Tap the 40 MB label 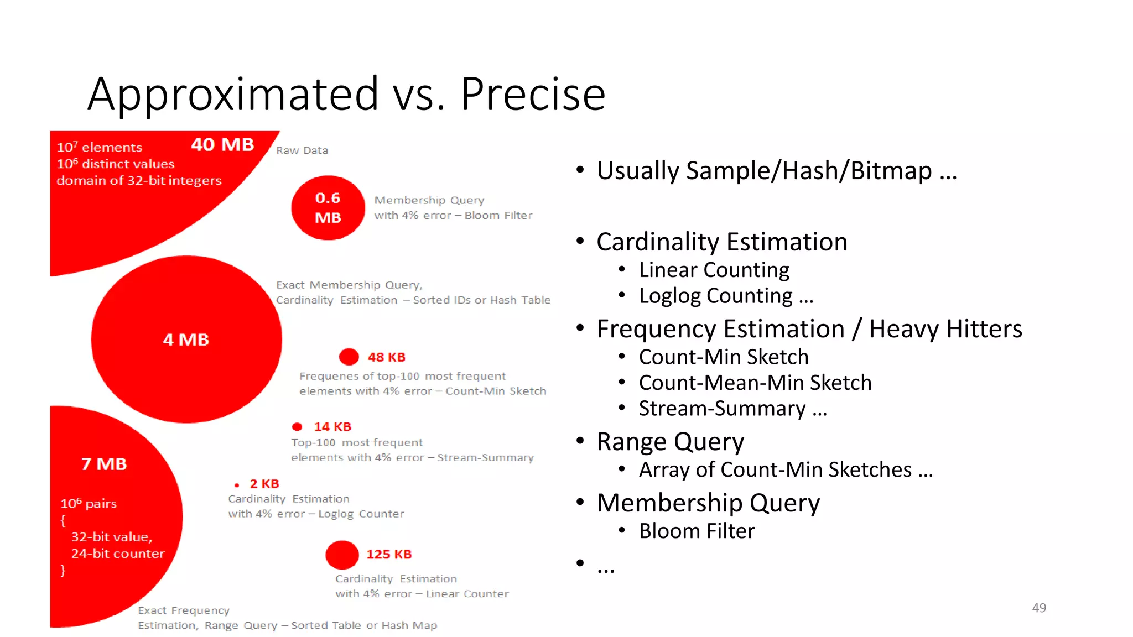(x=222, y=144)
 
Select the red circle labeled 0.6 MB (x=328, y=208)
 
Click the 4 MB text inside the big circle (x=186, y=340)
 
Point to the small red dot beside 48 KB (x=349, y=357)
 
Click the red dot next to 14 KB (x=297, y=427)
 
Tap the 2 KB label (x=264, y=484)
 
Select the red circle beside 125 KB (x=342, y=555)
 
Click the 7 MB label (x=104, y=464)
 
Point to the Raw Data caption (x=302, y=150)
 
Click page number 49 (x=1038, y=608)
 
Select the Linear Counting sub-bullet (x=714, y=270)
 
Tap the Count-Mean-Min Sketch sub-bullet (x=755, y=383)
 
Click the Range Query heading (x=670, y=442)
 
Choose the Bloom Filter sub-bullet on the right (x=697, y=531)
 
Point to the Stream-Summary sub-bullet (x=722, y=409)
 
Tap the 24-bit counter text (x=117, y=554)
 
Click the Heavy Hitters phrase (x=945, y=329)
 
